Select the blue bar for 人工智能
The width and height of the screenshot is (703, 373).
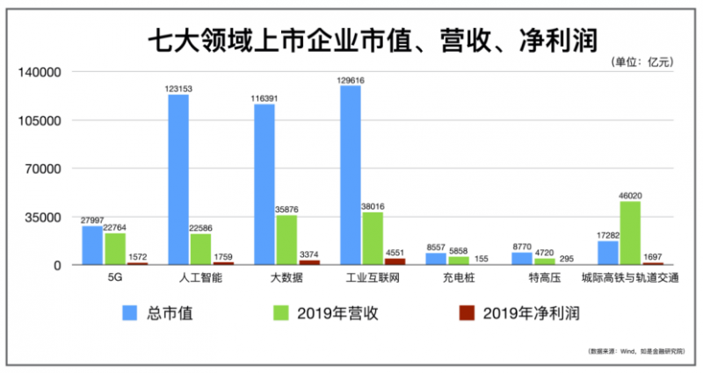(x=178, y=179)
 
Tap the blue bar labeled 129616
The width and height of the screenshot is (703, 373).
(x=350, y=175)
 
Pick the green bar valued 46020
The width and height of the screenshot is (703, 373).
(x=629, y=233)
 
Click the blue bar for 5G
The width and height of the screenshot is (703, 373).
(x=92, y=245)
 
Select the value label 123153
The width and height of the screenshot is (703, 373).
(x=178, y=89)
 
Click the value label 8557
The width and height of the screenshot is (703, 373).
(x=437, y=247)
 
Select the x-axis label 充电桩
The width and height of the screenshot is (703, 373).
(x=457, y=278)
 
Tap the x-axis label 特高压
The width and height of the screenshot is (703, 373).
(x=543, y=278)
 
